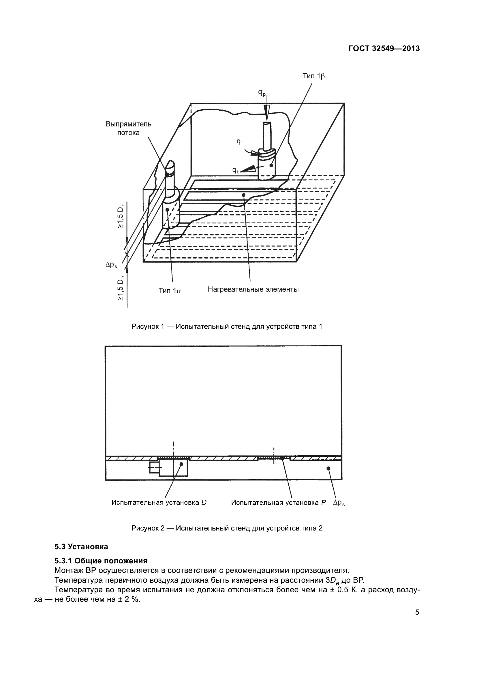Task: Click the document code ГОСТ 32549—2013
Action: (384, 49)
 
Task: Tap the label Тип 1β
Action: (314, 76)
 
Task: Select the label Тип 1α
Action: (170, 291)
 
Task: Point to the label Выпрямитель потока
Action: (128, 128)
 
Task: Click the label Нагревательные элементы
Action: (253, 289)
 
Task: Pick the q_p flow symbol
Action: (262, 93)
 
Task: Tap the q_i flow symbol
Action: (240, 142)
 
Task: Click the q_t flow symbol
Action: (235, 170)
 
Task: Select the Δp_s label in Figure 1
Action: (111, 265)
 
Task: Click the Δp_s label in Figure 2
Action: (339, 503)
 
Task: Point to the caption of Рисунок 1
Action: (227, 326)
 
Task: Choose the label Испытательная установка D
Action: (159, 503)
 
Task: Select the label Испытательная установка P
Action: (278, 503)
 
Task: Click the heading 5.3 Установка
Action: (81, 547)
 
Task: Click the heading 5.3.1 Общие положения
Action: (101, 561)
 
